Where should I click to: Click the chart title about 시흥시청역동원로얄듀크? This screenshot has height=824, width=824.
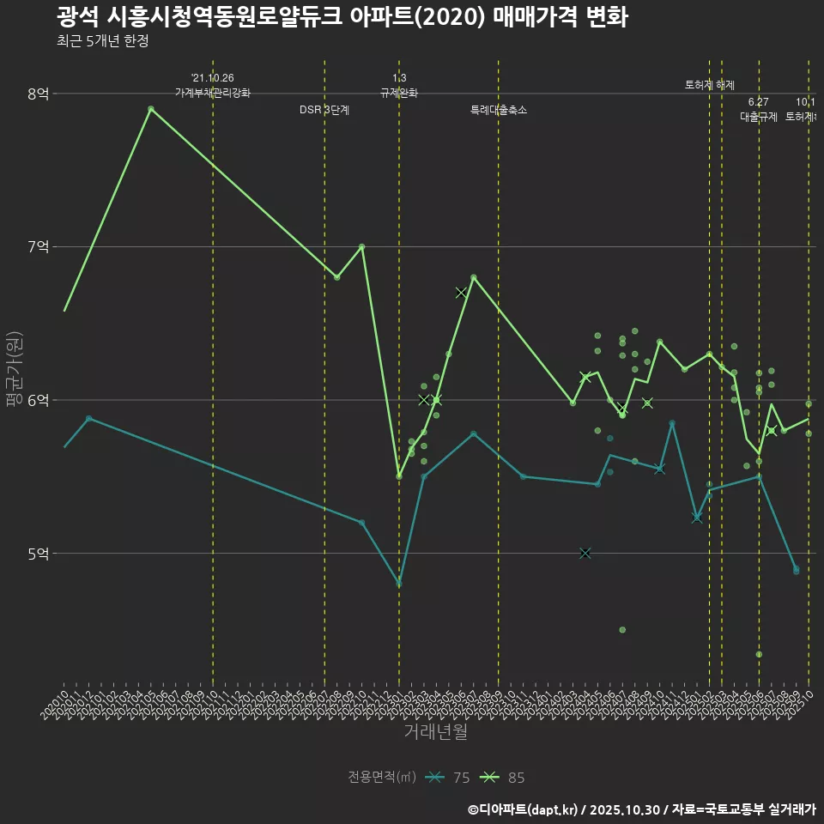point(342,17)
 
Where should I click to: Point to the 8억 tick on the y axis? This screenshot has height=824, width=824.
point(37,94)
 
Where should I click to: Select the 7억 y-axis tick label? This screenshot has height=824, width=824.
point(37,247)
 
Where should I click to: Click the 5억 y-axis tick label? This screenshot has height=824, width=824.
point(37,554)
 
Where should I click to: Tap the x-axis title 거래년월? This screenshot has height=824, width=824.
point(435,732)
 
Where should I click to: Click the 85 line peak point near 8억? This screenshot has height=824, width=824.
point(151,109)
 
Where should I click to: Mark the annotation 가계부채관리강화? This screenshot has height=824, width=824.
point(213,93)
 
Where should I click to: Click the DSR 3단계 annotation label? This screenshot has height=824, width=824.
point(324,111)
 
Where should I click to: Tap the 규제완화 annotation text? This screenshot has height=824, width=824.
point(399,93)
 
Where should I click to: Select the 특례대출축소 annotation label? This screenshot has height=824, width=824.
point(499,111)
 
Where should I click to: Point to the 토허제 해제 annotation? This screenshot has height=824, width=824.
point(710,85)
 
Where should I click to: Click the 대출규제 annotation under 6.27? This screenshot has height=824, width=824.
point(759,118)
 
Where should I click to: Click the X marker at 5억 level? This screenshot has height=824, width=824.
point(585,554)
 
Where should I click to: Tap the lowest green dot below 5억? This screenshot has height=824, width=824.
point(759,654)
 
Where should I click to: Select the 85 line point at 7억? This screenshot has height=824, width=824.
point(361,246)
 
